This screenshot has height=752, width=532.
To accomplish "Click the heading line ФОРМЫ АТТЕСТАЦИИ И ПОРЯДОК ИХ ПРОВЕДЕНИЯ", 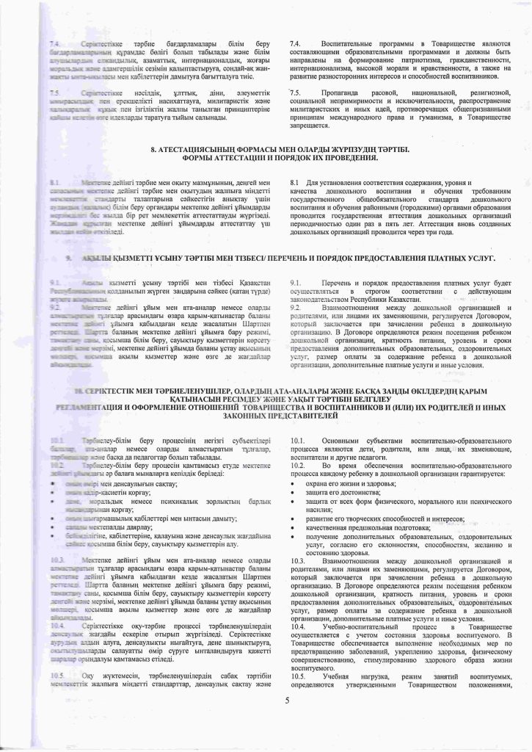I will tap(266, 158).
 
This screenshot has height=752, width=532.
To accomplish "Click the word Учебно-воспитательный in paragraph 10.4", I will tap(355, 629).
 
